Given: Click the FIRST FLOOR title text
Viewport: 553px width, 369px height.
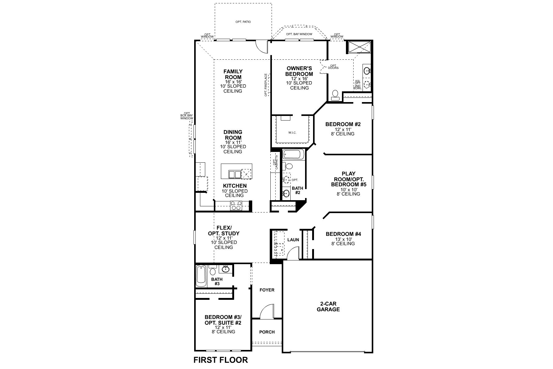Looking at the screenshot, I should [221, 360].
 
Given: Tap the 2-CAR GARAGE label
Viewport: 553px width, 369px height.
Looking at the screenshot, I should [328, 307].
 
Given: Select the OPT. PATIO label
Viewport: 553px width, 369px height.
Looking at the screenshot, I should [243, 22].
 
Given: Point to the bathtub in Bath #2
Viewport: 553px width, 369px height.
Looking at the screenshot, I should [293, 154].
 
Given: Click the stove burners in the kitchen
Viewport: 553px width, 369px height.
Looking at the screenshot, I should [236, 205].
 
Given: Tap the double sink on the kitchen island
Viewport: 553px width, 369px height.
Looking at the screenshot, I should [235, 174].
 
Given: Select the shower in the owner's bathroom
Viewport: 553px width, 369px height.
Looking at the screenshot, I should [359, 48].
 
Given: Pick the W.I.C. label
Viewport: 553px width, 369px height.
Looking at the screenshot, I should [292, 133].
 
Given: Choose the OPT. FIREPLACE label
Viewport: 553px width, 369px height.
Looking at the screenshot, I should [266, 85].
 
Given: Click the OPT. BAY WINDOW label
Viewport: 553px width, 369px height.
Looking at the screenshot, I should [299, 34].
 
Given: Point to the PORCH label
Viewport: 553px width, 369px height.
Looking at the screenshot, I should [267, 332].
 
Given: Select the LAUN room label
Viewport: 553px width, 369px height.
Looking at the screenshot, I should [293, 240].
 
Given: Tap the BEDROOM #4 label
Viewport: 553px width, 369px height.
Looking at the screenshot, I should [343, 234].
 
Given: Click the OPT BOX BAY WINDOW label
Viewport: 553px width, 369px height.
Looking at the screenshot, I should [186, 116].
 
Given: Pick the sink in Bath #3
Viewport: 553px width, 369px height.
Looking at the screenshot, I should [226, 269].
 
